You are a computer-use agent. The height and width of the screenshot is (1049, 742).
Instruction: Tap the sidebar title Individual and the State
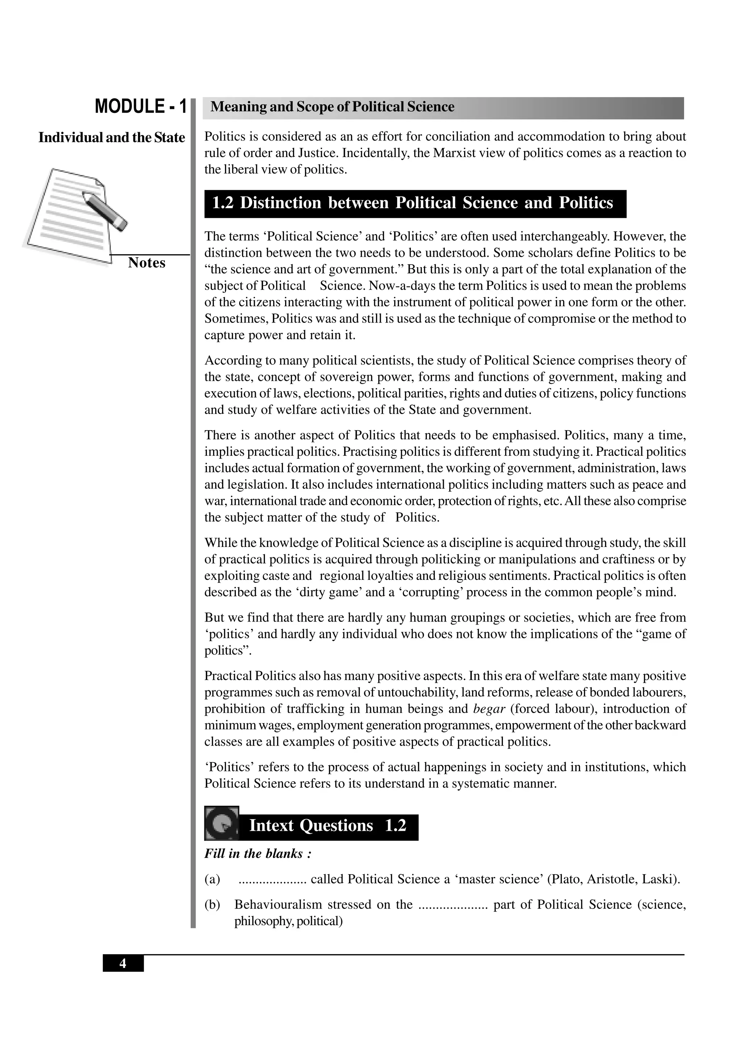coord(112,138)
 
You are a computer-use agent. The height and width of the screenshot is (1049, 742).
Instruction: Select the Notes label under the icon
coord(146,263)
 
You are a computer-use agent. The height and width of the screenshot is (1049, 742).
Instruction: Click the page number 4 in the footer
coord(122,964)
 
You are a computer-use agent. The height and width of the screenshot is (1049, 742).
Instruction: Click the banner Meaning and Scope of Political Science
coord(332,107)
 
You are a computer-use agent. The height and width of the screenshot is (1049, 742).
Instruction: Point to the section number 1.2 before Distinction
coord(223,203)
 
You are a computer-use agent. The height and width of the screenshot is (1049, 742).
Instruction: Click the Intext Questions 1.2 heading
coord(327,826)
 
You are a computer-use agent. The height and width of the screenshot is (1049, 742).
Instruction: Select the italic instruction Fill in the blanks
coord(258,854)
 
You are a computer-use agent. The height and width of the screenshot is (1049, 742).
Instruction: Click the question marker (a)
coord(212,879)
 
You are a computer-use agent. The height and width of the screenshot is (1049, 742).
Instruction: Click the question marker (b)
coord(212,905)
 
